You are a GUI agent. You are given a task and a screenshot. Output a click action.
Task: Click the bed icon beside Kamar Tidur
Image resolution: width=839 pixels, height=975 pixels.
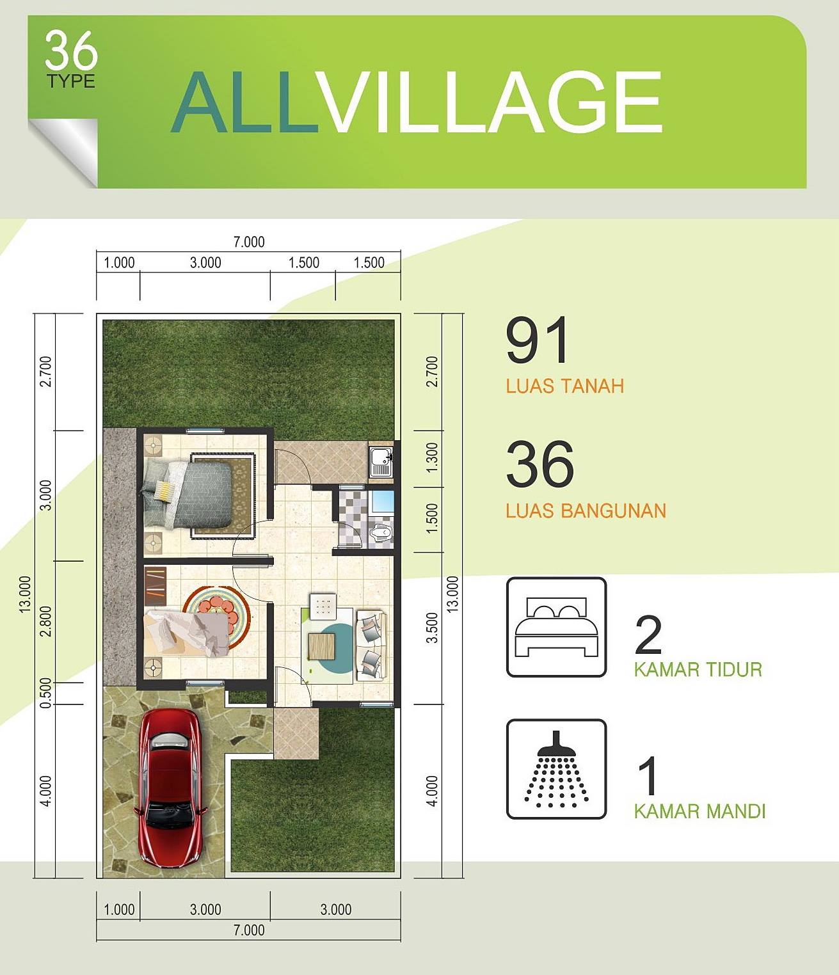(x=556, y=628)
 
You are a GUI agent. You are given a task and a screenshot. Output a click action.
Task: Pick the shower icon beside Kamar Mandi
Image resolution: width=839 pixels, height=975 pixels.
(x=556, y=770)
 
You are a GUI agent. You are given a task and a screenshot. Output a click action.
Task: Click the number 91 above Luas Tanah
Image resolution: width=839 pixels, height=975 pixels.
(x=536, y=342)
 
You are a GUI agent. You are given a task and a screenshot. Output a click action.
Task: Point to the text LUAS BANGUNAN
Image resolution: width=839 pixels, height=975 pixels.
(x=586, y=511)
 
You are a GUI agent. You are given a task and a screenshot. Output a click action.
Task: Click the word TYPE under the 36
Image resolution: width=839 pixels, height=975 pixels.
(x=71, y=81)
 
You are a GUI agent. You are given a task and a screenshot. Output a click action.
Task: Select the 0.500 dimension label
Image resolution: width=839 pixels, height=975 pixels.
(x=46, y=693)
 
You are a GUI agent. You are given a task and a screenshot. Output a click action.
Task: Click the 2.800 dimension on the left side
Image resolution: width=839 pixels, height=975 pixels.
(x=46, y=621)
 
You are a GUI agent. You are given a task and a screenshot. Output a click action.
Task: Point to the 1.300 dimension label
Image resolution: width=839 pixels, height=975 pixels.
(x=432, y=457)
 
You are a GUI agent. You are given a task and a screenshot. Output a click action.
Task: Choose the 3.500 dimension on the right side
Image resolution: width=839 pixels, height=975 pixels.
(x=432, y=628)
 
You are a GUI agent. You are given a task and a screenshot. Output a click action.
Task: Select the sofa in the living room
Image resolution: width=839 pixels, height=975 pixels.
(x=371, y=646)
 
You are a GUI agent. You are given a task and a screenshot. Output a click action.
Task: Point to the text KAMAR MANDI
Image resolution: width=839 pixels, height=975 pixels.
(x=699, y=811)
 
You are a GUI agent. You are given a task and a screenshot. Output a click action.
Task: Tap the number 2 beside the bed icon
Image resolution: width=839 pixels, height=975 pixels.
(x=648, y=635)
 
